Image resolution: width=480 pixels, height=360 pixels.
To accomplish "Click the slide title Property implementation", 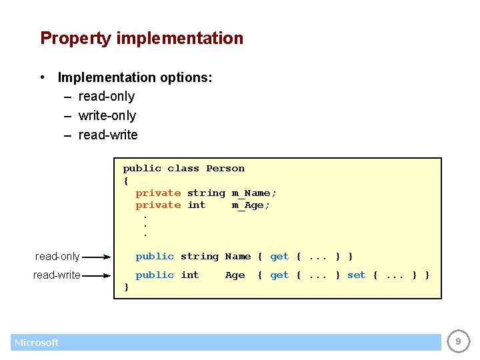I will [141, 39].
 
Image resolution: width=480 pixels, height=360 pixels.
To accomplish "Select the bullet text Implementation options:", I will [135, 77].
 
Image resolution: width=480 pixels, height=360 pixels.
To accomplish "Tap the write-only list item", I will [107, 116].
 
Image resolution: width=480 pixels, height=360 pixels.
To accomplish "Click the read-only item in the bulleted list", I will [106, 97].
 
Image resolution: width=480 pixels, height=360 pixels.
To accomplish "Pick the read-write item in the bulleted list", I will [108, 135].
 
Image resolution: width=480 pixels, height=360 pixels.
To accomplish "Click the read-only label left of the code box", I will [57, 257].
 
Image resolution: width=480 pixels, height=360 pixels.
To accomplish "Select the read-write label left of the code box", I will [57, 275].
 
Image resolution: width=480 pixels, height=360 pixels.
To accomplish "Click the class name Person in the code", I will [225, 169].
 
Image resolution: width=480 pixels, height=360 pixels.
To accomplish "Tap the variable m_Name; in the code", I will [254, 193].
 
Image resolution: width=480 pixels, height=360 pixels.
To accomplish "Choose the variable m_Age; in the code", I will [251, 205].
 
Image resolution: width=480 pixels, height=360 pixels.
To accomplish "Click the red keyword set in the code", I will [356, 275].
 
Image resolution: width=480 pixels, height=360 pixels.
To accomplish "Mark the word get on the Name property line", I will [279, 257].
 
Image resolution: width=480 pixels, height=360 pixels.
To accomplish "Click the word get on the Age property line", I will [279, 275].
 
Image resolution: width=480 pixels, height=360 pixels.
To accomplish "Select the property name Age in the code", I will [235, 275].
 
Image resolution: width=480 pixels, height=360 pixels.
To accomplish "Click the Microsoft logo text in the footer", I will [37, 343].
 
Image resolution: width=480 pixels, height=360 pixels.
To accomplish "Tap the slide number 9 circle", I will [457, 342].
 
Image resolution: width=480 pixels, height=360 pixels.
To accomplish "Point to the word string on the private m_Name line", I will [206, 193].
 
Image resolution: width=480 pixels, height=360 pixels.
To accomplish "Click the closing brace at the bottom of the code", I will [126, 287].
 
